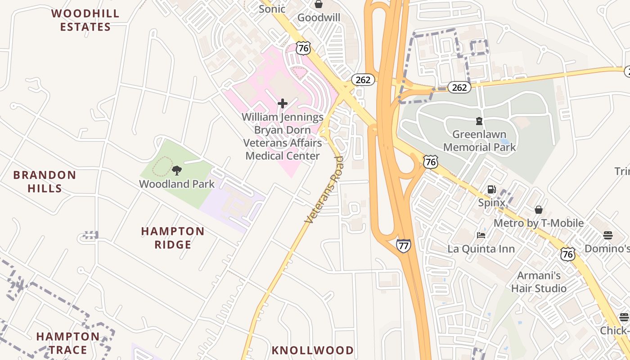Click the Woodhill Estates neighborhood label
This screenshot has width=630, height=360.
pos(85,20)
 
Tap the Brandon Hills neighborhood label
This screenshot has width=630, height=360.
pos(45,181)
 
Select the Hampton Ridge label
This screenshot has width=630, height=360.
pos(173,238)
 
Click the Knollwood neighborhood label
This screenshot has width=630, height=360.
pos(312,350)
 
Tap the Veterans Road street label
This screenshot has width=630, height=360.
pos(324,190)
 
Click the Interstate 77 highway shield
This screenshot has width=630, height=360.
pos(403,246)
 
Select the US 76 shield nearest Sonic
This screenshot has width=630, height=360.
pos(303,48)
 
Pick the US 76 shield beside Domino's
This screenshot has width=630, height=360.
pos(567,254)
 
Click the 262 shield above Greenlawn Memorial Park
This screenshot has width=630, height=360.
pos(459,87)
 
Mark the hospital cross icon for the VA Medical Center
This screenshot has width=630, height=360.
pos(283,104)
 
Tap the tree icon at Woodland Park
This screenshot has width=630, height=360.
pos(177,171)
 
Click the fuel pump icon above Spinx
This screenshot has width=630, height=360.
pos(492,189)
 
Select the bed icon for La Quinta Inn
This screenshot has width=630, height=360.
pos(481,235)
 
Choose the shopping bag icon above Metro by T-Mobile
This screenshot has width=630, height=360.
pos(538,210)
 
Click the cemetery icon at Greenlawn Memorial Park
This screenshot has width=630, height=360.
pos(479,121)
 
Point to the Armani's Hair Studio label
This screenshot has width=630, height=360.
pos(539,282)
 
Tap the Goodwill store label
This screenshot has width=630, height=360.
pos(319,18)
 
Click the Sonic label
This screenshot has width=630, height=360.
pos(272,9)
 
